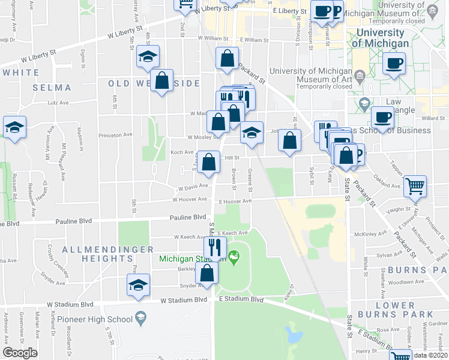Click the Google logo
(20, 353)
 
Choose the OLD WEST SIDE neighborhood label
(154, 83)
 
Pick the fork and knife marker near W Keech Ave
(214, 246)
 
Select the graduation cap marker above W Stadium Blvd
(139, 285)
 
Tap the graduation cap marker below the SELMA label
(14, 127)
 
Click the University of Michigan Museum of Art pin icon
(360, 76)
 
